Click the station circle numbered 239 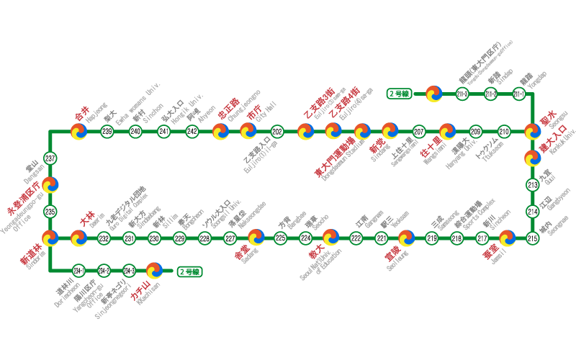107,131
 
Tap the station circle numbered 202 277,131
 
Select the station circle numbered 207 419,131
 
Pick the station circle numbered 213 533,185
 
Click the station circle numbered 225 281,238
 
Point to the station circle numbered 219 433,238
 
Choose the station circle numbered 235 50,212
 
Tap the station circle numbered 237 50,158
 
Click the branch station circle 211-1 519,94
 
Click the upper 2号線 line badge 398,94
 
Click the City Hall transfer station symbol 248,131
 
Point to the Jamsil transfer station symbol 507,238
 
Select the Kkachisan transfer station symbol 154,271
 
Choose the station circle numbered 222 356,238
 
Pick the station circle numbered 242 192,131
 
